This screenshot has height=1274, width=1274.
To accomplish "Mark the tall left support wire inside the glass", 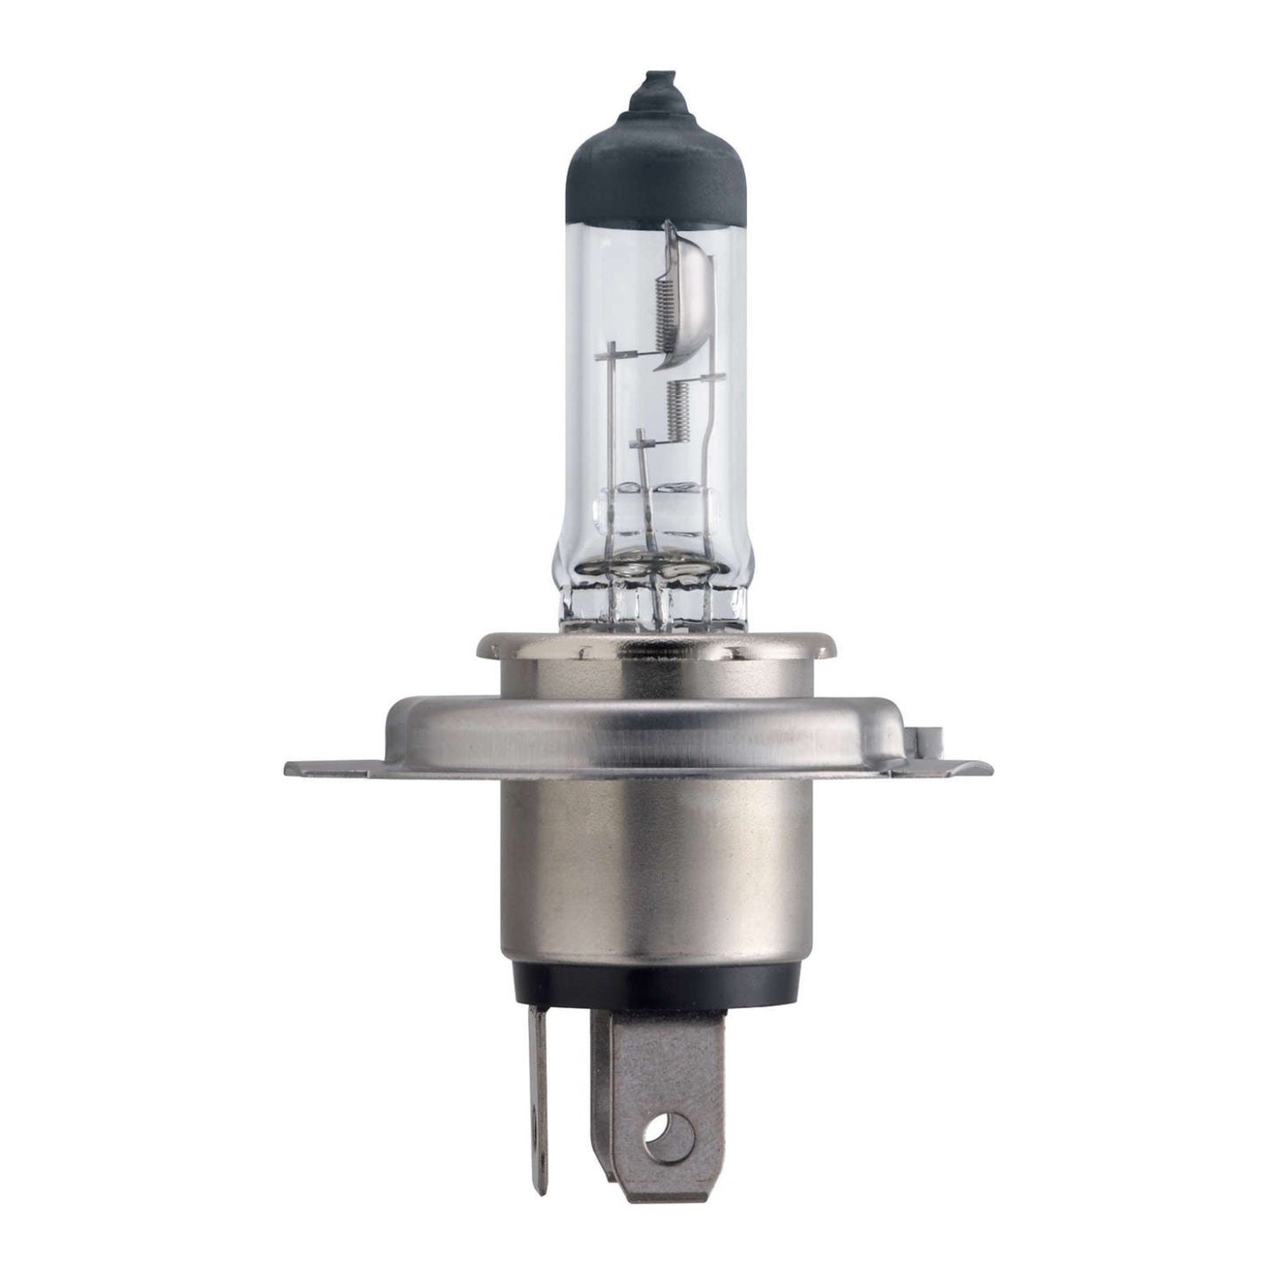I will [609, 441].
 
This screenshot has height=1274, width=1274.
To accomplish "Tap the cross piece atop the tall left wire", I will [609, 355].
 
